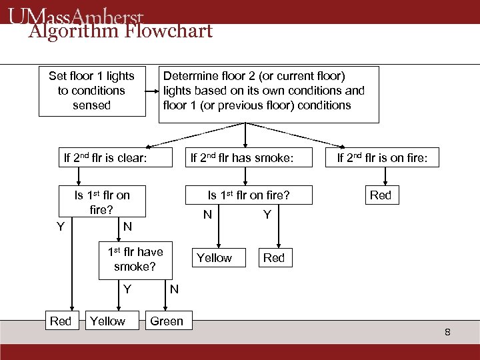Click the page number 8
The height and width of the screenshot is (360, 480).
[x=448, y=331]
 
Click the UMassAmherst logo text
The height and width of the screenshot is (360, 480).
[x=77, y=15]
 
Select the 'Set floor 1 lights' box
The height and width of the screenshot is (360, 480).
[x=91, y=91]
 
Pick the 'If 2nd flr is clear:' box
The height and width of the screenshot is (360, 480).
[x=105, y=158]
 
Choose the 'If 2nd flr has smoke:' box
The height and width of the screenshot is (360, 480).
[x=242, y=158]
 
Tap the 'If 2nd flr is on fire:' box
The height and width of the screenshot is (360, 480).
[x=387, y=158]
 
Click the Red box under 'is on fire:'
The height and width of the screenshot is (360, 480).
[x=381, y=195]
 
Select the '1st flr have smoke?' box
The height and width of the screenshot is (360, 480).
[x=135, y=259]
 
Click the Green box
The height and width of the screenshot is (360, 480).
[x=167, y=321]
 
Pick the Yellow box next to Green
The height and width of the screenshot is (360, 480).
[x=107, y=321]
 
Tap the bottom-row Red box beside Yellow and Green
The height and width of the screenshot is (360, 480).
[x=61, y=321]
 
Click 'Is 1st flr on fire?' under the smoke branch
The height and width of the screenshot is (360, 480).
[x=248, y=195]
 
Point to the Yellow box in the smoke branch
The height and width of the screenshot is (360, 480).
[x=214, y=258]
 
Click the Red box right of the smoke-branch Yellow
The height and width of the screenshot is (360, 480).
[x=273, y=258]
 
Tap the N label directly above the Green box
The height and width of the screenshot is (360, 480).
[x=174, y=289]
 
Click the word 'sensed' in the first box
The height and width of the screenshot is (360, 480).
[x=91, y=105]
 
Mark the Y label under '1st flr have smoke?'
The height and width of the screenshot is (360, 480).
[x=127, y=289]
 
